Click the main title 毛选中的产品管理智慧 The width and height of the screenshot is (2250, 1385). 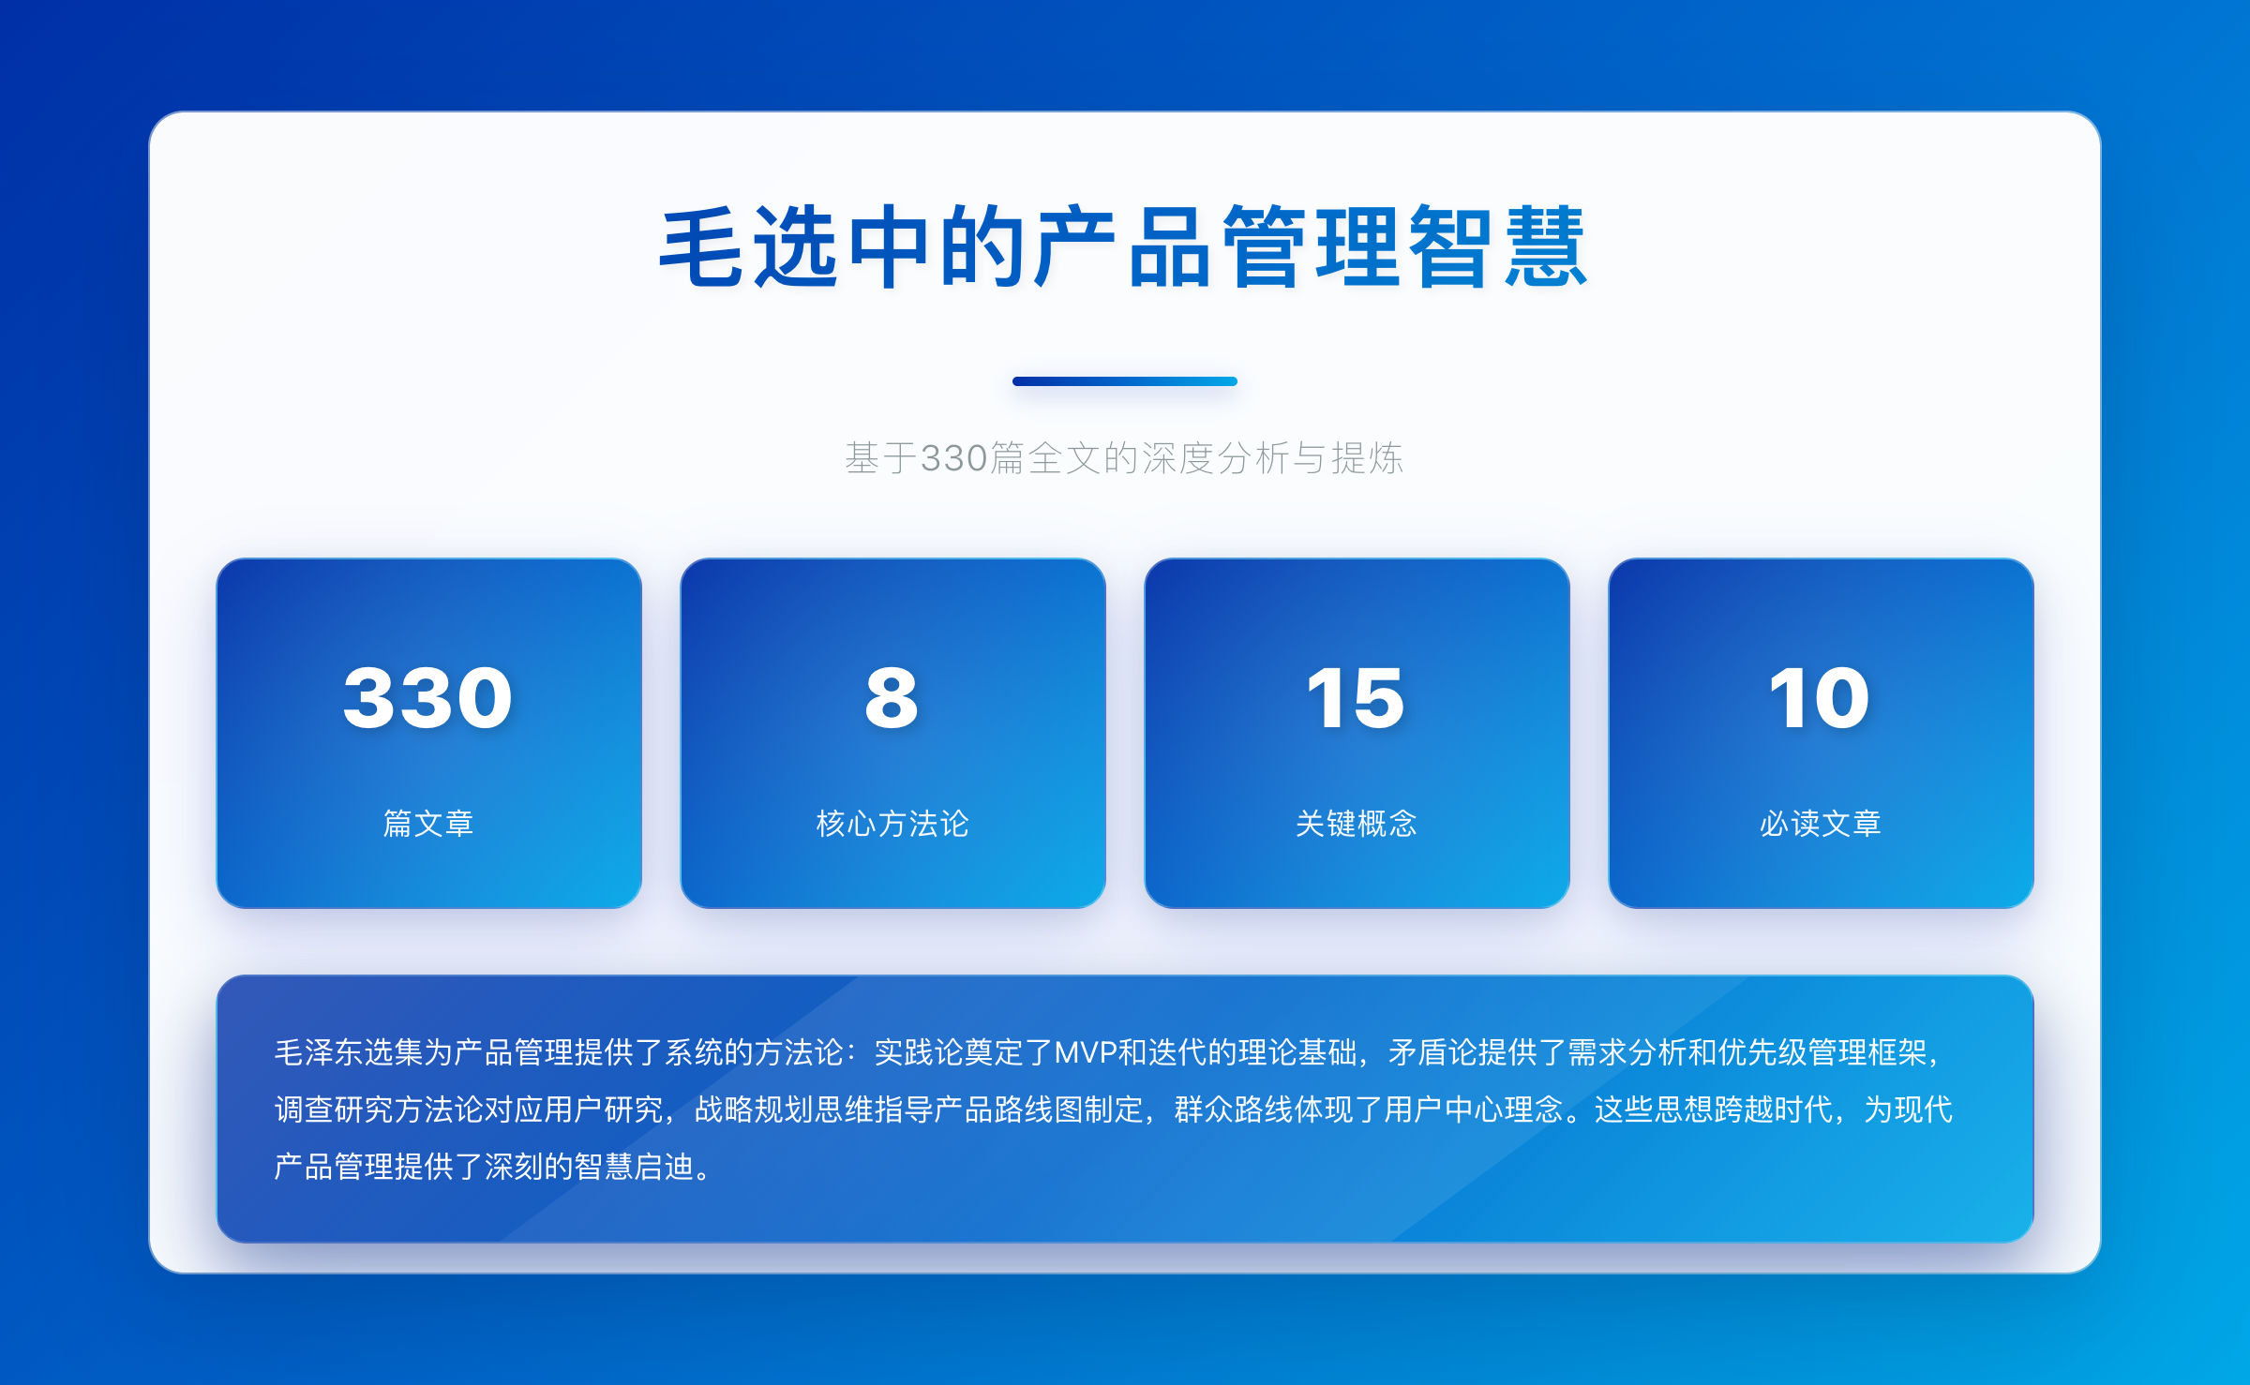(1123, 246)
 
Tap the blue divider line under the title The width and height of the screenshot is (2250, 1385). (1125, 381)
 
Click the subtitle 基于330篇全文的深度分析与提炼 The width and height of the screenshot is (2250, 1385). (1124, 458)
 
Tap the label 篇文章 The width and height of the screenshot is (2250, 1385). (428, 823)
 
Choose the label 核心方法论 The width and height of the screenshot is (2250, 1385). (892, 823)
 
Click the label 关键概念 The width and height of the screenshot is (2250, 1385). (1356, 823)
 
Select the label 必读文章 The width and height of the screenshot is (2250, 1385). (1820, 823)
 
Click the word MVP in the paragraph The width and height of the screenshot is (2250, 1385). (1086, 1052)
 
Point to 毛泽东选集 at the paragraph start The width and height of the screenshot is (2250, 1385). (349, 1052)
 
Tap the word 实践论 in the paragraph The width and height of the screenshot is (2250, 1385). (919, 1052)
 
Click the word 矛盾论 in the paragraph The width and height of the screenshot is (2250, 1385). (1432, 1052)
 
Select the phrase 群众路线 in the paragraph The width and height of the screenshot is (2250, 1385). (1234, 1109)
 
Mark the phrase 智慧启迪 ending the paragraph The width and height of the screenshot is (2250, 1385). (634, 1167)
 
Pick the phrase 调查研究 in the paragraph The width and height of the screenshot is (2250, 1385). (334, 1109)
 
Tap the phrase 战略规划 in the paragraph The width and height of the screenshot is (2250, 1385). (754, 1109)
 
